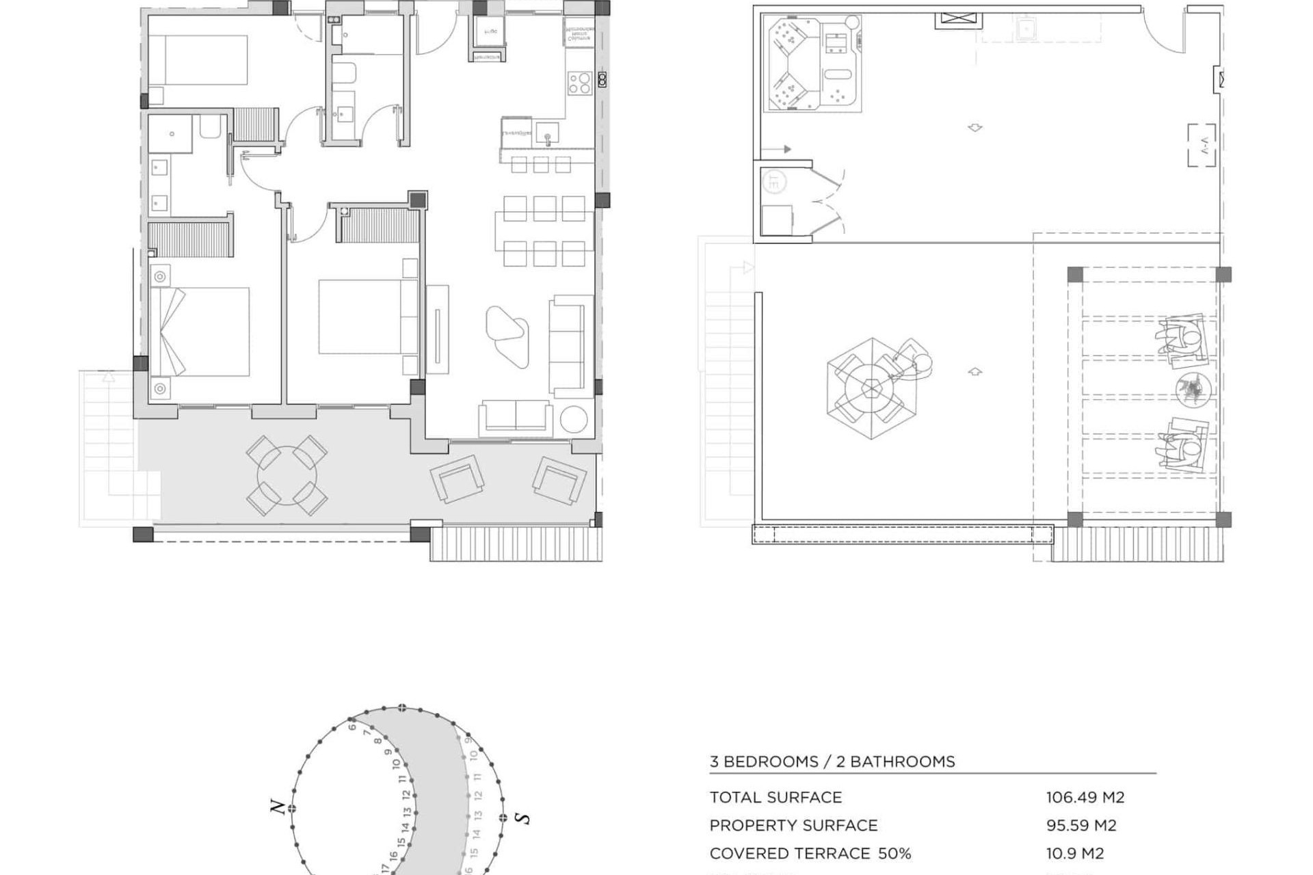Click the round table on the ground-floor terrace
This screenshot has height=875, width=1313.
pyautogui.click(x=287, y=475)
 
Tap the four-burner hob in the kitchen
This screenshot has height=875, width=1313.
pyautogui.click(x=579, y=83)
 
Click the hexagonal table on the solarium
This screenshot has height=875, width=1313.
pyautogui.click(x=872, y=388)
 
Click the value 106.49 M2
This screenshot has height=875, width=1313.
pyautogui.click(x=1085, y=797)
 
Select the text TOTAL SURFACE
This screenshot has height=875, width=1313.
pyautogui.click(x=775, y=797)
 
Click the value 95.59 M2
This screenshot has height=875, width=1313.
pyautogui.click(x=1080, y=825)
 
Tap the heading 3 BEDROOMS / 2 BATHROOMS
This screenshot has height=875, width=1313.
pyautogui.click(x=832, y=762)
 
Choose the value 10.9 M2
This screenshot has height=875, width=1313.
pyautogui.click(x=1074, y=853)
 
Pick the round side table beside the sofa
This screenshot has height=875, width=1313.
pyautogui.click(x=573, y=420)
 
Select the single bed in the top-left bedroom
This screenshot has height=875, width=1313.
pyautogui.click(x=198, y=60)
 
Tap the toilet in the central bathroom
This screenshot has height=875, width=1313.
pyautogui.click(x=344, y=74)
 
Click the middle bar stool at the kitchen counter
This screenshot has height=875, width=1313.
pyautogui.click(x=541, y=165)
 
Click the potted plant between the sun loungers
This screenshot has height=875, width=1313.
pyautogui.click(x=1193, y=389)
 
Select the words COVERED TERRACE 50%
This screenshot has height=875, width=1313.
pyautogui.click(x=810, y=853)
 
